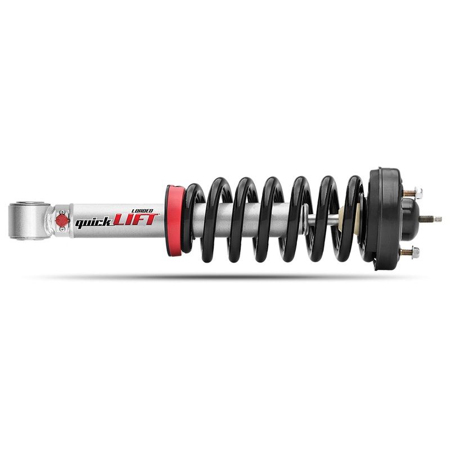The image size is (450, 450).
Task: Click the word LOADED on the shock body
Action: point(142,211)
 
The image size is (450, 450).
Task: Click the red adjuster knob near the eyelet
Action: point(62,220)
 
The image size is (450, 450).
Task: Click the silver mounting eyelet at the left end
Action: point(29,221)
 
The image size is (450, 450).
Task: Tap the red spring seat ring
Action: point(174,220)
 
